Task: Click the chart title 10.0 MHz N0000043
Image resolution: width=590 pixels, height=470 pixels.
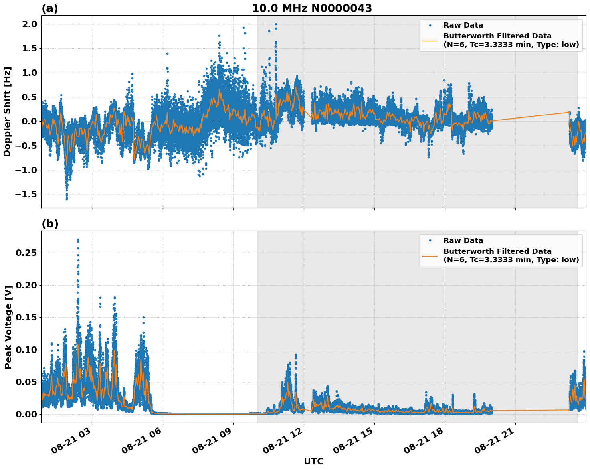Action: coord(311,8)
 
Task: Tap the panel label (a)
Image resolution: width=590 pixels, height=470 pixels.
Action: coord(50,8)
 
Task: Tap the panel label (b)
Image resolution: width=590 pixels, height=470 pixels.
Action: coord(50,224)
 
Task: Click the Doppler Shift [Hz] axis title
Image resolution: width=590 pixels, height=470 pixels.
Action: coord(7,111)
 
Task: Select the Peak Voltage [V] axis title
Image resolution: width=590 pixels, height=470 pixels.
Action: coord(8,326)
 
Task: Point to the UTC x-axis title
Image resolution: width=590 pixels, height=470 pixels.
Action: coord(313,461)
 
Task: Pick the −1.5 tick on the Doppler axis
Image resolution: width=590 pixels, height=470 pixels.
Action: coord(27,194)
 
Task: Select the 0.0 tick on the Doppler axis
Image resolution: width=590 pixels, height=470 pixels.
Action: coord(30,122)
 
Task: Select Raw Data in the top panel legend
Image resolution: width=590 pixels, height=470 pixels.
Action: coord(463,25)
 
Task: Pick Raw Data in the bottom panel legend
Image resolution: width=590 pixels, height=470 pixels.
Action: coord(463,241)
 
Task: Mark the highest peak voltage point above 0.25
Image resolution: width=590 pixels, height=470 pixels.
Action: coord(78,240)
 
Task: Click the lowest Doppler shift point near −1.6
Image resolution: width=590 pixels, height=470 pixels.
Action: coord(67,199)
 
